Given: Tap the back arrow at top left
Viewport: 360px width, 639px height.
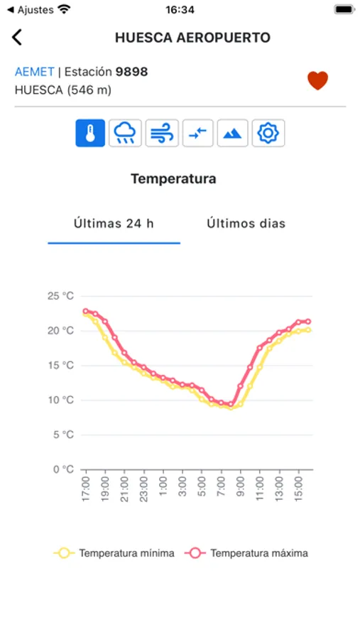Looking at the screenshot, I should click(17, 38).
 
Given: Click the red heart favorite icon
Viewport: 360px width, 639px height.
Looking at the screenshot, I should click(317, 81).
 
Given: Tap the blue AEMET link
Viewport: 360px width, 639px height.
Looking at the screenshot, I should click(34, 72).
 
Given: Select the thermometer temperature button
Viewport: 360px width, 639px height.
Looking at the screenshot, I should click(90, 133).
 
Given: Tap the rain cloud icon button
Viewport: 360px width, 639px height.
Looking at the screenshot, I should click(125, 133).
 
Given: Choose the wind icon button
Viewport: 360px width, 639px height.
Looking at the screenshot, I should click(162, 133).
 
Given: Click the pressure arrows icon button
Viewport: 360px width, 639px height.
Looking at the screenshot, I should click(198, 133).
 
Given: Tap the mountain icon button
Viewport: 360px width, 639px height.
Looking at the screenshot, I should click(233, 133).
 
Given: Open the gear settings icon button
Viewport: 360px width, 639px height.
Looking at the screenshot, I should click(268, 133).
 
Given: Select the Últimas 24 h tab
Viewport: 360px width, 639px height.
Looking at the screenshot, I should click(114, 224).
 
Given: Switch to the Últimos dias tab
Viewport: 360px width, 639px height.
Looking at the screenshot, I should click(246, 224).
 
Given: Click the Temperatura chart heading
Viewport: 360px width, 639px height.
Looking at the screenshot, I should click(173, 179).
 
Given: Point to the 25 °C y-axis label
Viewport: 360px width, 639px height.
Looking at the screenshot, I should click(60, 296).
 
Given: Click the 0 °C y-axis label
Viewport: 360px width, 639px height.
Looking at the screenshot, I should click(62, 469).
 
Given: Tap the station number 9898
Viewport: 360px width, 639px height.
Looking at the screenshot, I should click(131, 72).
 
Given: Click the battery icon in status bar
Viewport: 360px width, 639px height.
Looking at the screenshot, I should click(344, 10).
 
